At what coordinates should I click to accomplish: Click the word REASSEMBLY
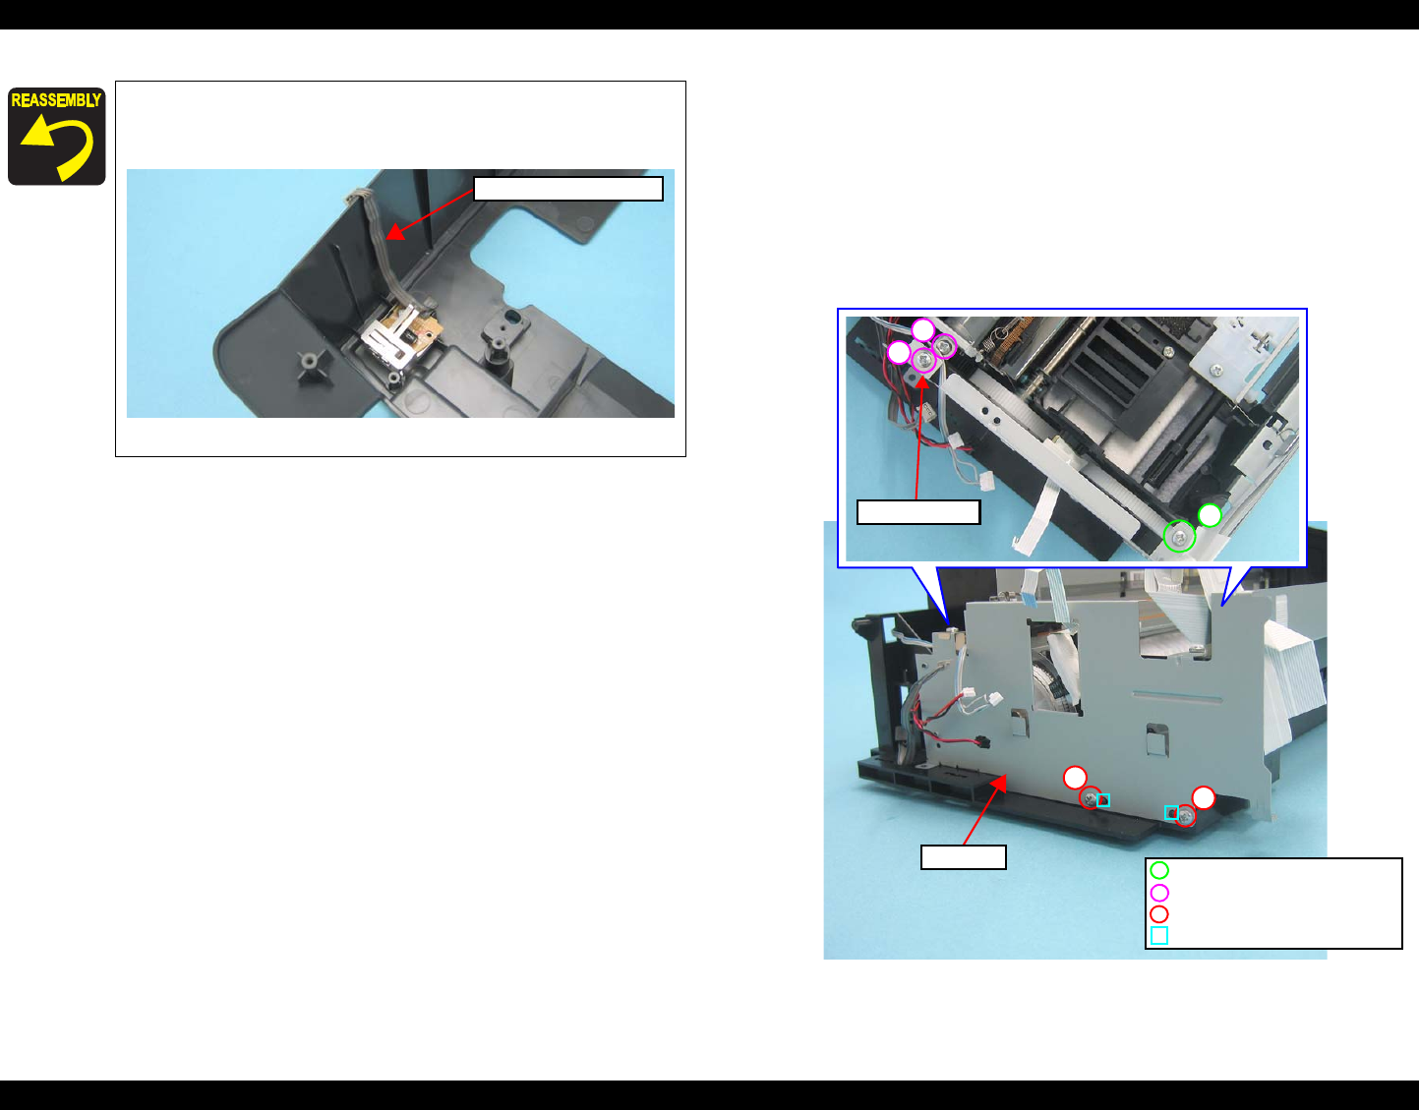pos(56,100)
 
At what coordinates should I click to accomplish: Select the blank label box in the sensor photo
pos(568,189)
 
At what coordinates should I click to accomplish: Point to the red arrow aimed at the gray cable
pos(430,214)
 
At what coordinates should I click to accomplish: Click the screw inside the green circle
pos(1179,538)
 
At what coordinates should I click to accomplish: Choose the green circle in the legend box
pos(1159,870)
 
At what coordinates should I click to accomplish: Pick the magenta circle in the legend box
pos(1159,893)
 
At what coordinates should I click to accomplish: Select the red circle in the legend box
pos(1159,914)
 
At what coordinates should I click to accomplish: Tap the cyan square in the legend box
pos(1159,936)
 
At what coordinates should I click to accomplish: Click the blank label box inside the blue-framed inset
pos(918,512)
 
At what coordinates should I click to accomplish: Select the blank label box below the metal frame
pos(963,857)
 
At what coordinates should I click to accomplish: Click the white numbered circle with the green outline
pos(1211,515)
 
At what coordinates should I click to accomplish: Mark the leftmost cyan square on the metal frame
pos(1103,800)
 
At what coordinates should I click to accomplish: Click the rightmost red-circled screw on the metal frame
pos(1185,816)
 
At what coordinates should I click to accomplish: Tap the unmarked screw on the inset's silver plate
pos(1215,371)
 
